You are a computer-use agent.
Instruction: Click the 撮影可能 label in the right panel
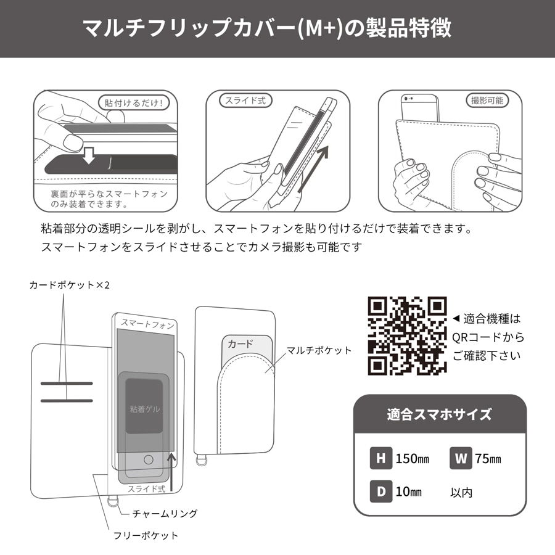(487, 100)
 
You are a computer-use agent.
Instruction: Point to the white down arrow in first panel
(89, 155)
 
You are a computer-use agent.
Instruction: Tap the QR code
(407, 336)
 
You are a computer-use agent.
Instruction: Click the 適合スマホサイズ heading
(440, 414)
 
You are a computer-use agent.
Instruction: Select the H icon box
(380, 458)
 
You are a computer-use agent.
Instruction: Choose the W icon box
(461, 458)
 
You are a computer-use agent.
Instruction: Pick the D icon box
(380, 491)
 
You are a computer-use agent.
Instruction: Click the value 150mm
(413, 459)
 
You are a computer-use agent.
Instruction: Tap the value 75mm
(488, 459)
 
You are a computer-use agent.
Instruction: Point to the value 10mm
(409, 492)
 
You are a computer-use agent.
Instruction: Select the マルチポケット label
(319, 350)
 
